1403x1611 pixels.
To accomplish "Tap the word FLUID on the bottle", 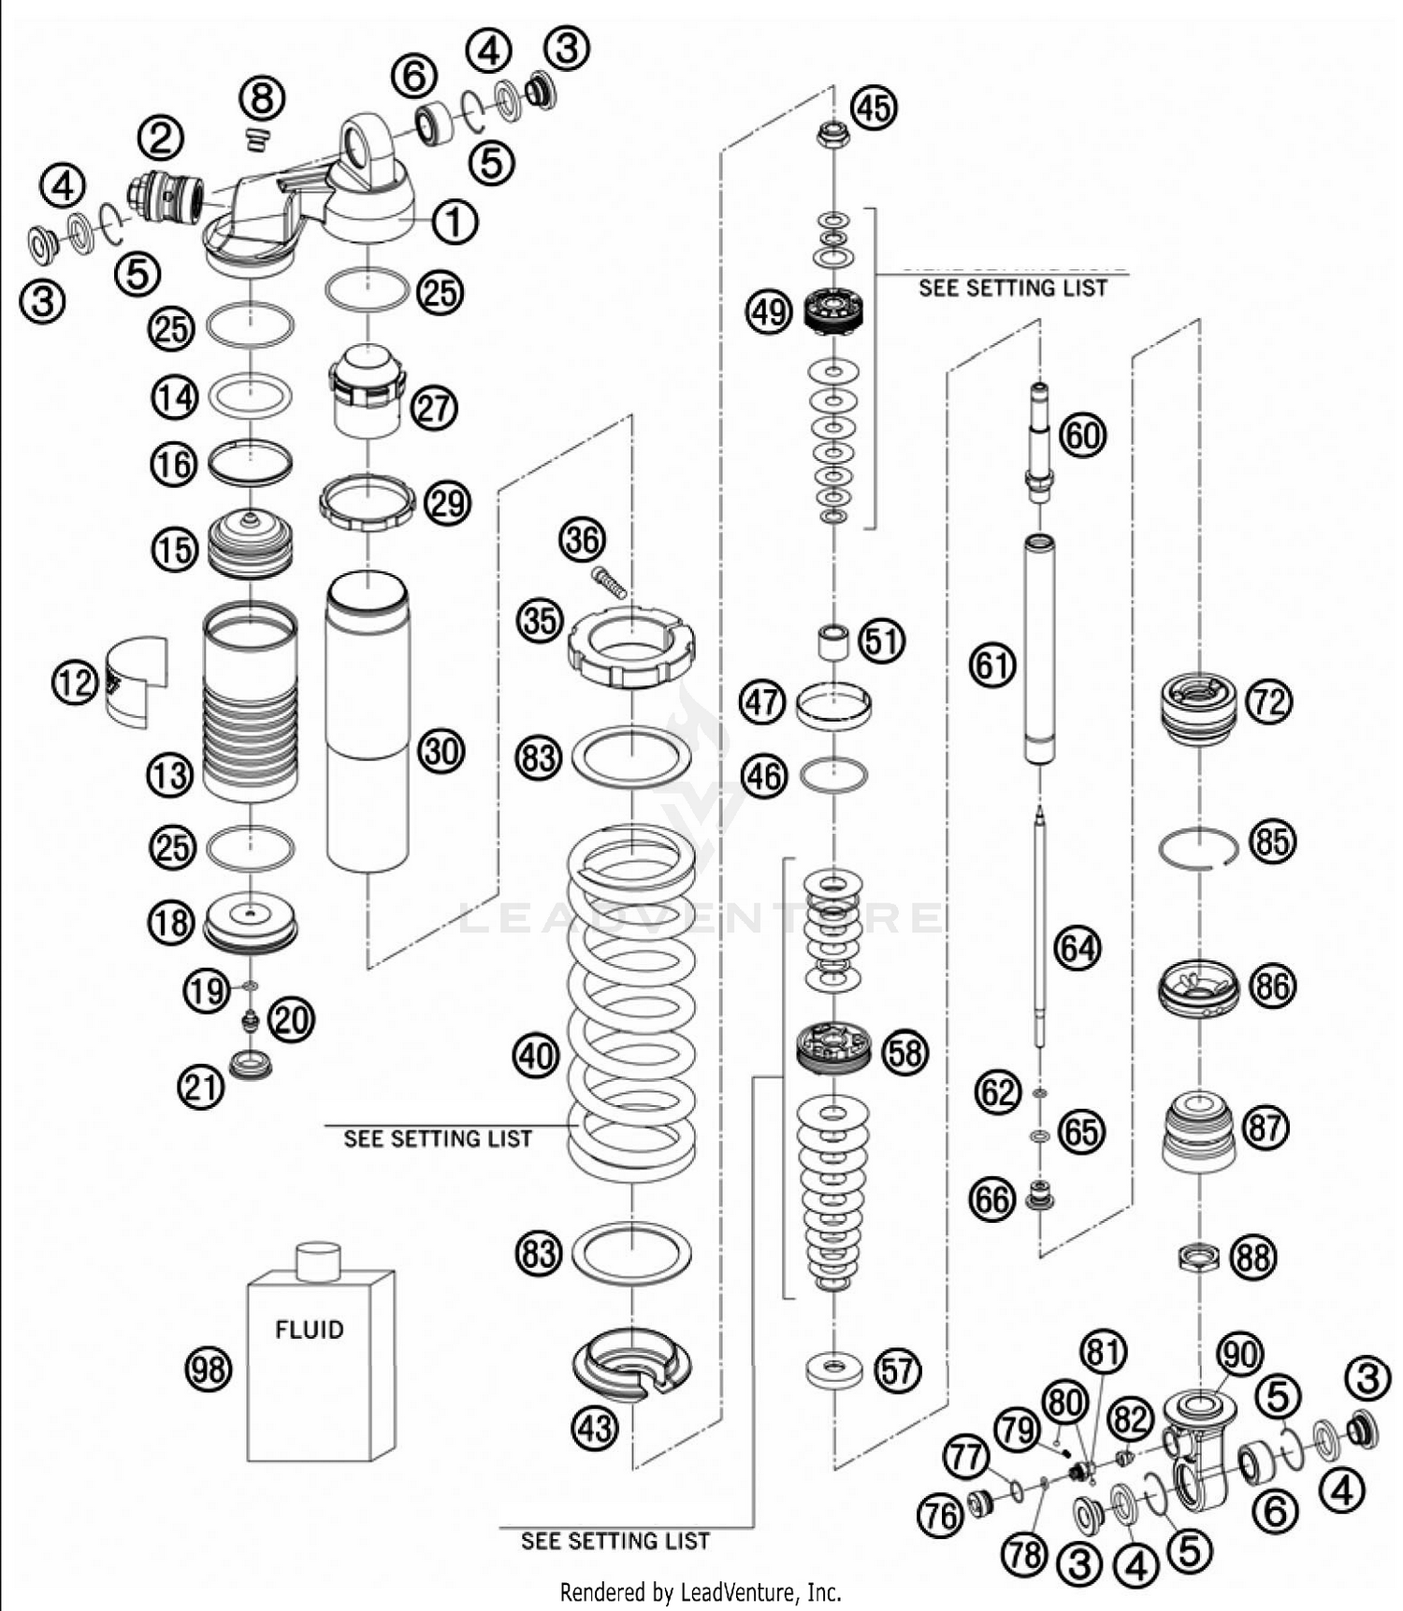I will pos(309,1330).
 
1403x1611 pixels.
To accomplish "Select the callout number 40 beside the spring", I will pos(536,1056).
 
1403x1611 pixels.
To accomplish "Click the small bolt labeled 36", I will pos(609,582).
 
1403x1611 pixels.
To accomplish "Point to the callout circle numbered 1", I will pos(454,223).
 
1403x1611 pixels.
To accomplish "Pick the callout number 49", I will pos(769,311).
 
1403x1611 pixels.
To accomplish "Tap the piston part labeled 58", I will pos(833,1048).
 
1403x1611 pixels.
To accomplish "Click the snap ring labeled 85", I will pos(1198,848).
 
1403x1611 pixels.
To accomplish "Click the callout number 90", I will pos(1240,1353).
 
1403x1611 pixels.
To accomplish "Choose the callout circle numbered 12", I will pos(74,683).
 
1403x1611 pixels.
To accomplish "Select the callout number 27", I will pos(434,409).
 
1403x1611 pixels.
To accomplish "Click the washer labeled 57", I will pos(833,1371).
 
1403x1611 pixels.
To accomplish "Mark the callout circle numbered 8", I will pos(263,97).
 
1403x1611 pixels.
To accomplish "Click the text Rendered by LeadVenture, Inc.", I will pos(701,1591).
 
